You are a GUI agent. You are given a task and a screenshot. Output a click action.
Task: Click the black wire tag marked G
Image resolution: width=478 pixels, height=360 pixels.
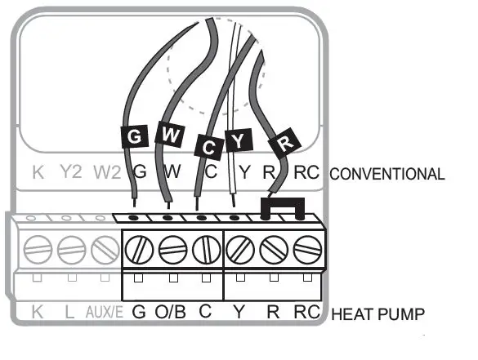tap(135, 136)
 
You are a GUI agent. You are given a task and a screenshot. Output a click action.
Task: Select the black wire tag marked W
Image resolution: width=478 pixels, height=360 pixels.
tap(170, 134)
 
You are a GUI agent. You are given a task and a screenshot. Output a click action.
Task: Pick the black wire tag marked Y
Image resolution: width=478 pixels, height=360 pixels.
tap(239, 140)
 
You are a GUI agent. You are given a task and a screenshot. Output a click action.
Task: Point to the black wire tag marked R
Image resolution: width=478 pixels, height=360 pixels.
tap(284, 142)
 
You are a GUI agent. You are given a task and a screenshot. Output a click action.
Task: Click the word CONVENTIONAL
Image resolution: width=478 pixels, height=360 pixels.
tap(386, 174)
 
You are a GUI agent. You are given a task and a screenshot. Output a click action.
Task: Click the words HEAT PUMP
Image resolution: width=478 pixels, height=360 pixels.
tap(377, 314)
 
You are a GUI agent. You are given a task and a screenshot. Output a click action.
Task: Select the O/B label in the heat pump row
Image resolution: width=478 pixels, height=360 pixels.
tap(171, 312)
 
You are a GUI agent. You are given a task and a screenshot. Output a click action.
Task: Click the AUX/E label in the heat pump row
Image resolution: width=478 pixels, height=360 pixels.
tap(105, 312)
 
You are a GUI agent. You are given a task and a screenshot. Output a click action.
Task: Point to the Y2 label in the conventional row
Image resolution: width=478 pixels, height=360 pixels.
tap(71, 171)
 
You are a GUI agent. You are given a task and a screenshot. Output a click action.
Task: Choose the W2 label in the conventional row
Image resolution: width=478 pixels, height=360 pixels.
tap(107, 172)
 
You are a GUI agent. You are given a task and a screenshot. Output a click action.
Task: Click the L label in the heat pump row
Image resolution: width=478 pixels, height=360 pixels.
tap(69, 312)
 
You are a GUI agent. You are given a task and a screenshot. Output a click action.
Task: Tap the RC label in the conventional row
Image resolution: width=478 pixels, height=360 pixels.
tap(306, 172)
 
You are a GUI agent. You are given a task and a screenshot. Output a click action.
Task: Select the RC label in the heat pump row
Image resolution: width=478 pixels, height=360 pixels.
tap(307, 312)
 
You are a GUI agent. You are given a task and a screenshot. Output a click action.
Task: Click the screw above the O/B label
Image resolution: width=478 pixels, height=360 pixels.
tap(172, 250)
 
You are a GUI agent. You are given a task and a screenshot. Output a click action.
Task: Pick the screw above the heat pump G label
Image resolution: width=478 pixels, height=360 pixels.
tap(139, 250)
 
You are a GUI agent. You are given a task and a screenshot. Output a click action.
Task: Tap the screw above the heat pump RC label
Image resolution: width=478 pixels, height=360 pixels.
tap(307, 250)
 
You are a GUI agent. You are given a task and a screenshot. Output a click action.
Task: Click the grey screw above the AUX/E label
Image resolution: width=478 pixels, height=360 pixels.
tap(105, 250)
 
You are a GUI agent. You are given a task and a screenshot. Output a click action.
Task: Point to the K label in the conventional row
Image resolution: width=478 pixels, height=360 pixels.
tap(38, 172)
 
